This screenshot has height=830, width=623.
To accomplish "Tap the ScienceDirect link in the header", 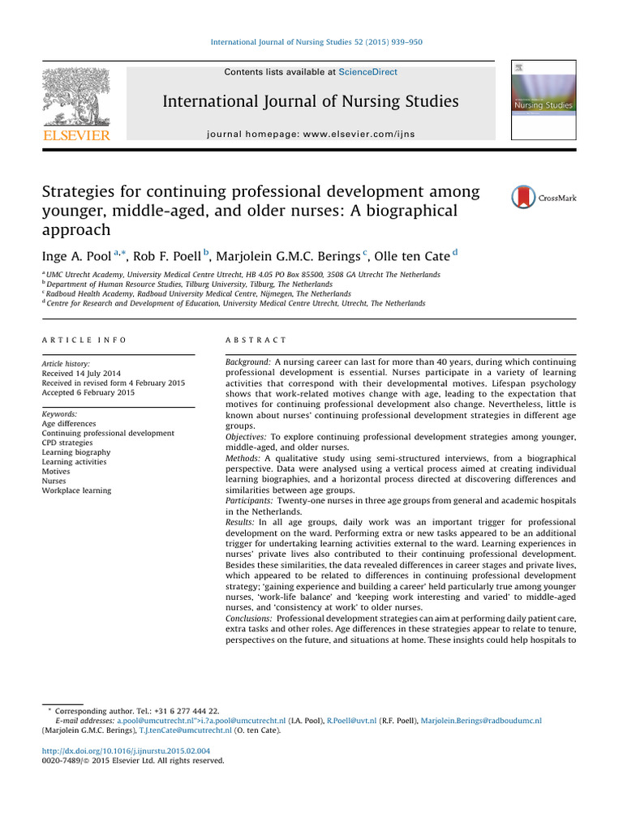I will [367, 72].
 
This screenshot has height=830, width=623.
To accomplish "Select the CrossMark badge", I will [543, 198].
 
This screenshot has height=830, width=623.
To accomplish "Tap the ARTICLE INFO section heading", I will [84, 340].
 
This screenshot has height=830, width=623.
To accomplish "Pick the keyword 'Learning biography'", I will [76, 452].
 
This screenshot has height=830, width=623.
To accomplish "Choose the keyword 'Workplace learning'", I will [76, 490].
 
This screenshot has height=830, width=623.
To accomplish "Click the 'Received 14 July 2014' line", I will [81, 373].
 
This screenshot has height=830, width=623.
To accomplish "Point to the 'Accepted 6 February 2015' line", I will [89, 392].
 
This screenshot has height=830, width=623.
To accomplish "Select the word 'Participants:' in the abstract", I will [249, 502].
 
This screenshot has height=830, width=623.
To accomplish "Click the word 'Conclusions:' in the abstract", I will [249, 618].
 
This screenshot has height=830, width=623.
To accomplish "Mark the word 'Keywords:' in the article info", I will [59, 414].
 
